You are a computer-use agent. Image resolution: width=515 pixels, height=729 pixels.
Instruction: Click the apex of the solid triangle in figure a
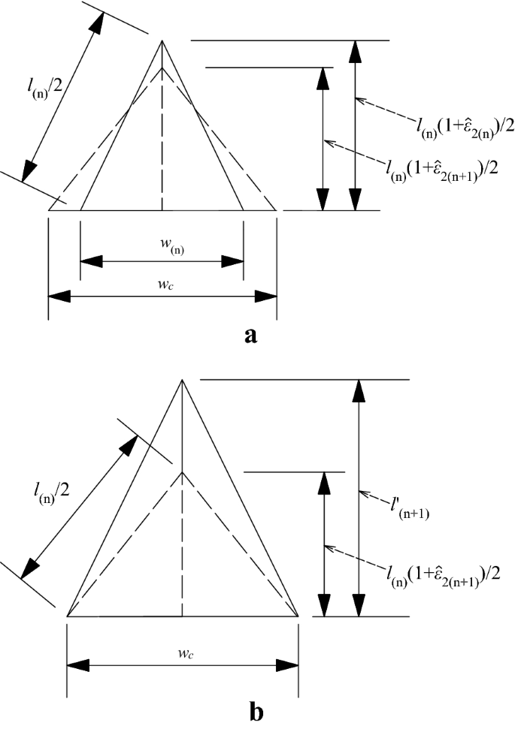[162, 41]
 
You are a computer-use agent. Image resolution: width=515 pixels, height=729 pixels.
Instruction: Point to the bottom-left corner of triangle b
[68, 616]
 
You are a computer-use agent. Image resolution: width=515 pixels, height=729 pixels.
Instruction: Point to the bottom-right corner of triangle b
[298, 616]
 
